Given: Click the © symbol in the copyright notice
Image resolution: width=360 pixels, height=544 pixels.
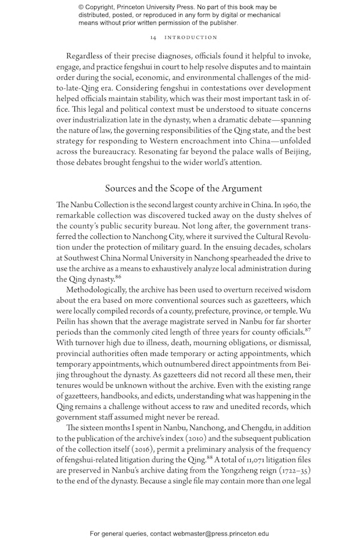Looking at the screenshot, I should tap(81, 7).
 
